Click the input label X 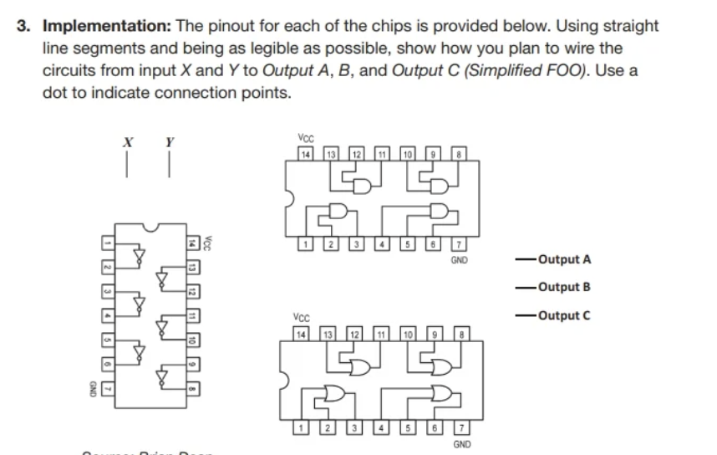[129, 142]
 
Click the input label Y [170, 142]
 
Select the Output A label [565, 259]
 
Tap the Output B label [565, 287]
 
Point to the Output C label [565, 315]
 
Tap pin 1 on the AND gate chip [306, 245]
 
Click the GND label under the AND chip [459, 260]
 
